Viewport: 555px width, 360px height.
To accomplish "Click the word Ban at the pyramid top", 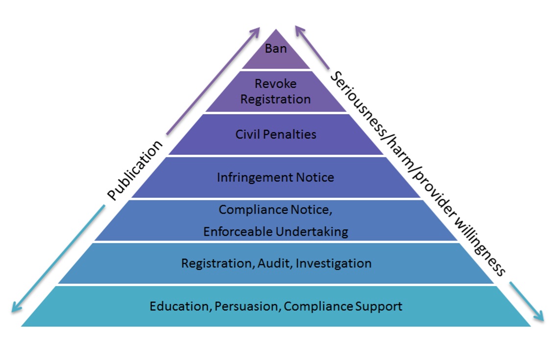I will tap(276, 48).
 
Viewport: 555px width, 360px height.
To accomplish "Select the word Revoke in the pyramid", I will tap(276, 84).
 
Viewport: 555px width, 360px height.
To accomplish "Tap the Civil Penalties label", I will tap(276, 134).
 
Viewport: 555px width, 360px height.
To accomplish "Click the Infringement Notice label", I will tap(276, 177).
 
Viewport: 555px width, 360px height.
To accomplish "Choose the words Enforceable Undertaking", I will tap(276, 231).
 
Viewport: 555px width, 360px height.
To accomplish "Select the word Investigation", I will tap(334, 263).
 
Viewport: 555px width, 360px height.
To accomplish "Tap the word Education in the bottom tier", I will tap(180, 307).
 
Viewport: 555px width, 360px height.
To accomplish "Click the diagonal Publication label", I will tap(135, 170).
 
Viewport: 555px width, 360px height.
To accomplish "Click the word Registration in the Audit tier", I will tap(216, 264).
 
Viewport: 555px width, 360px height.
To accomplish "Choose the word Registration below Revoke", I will tap(276, 99).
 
